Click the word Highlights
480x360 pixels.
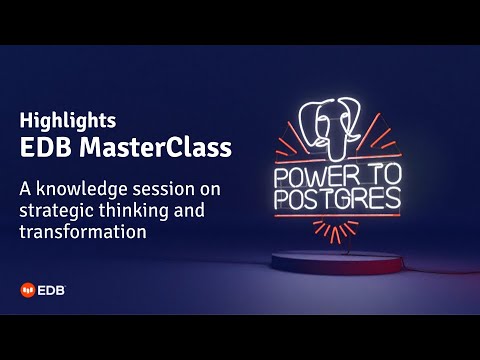[68, 120]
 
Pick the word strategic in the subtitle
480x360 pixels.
[54, 209]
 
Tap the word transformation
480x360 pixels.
[83, 231]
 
